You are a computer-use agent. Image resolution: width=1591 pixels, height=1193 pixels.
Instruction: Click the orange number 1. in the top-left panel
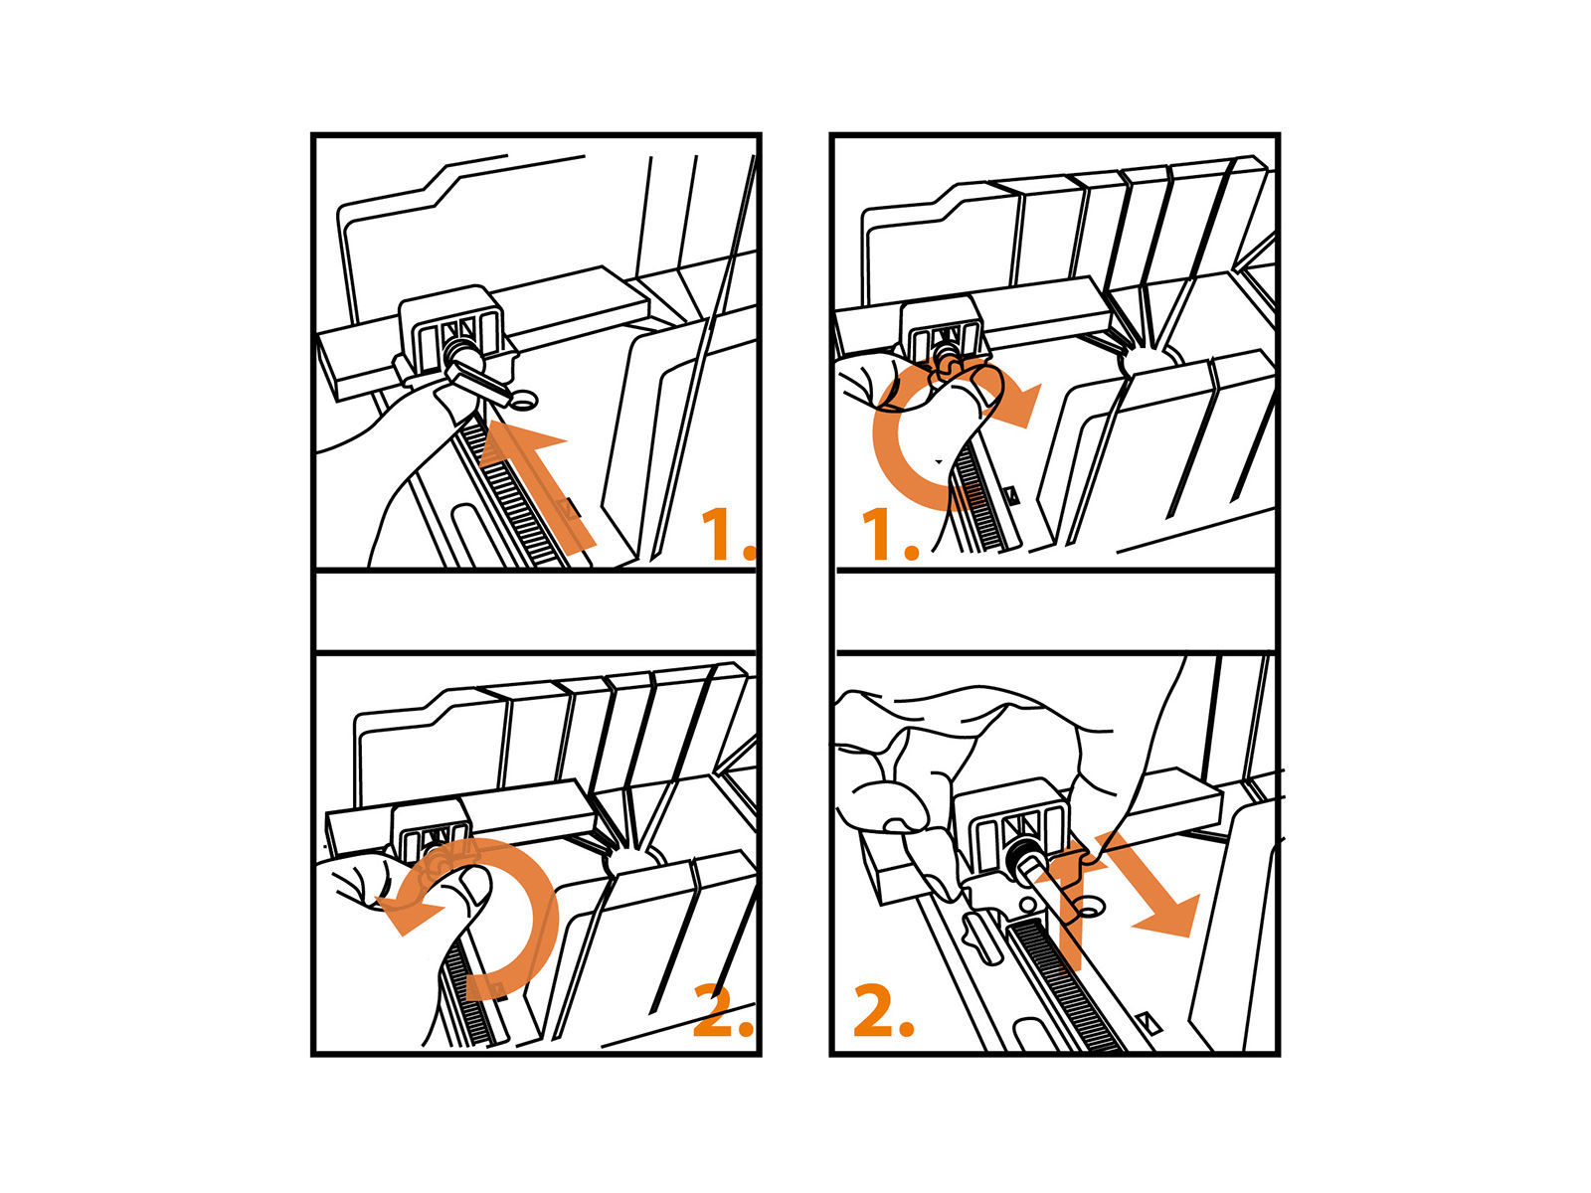(728, 534)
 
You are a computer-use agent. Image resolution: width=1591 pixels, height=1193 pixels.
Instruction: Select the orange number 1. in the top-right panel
(889, 534)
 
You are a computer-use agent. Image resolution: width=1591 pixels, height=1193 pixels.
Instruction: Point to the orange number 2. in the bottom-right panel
(884, 1010)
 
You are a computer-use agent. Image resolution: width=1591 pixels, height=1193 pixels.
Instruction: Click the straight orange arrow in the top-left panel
(535, 484)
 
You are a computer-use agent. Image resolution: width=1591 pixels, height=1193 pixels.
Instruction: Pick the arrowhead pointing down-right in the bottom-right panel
(1167, 917)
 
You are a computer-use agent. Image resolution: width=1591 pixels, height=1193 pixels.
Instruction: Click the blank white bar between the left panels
(536, 611)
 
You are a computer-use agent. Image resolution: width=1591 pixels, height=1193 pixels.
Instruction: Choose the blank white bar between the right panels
(1055, 611)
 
